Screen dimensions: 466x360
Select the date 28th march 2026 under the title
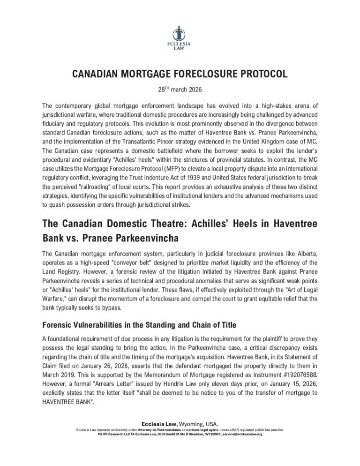click(180, 88)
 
